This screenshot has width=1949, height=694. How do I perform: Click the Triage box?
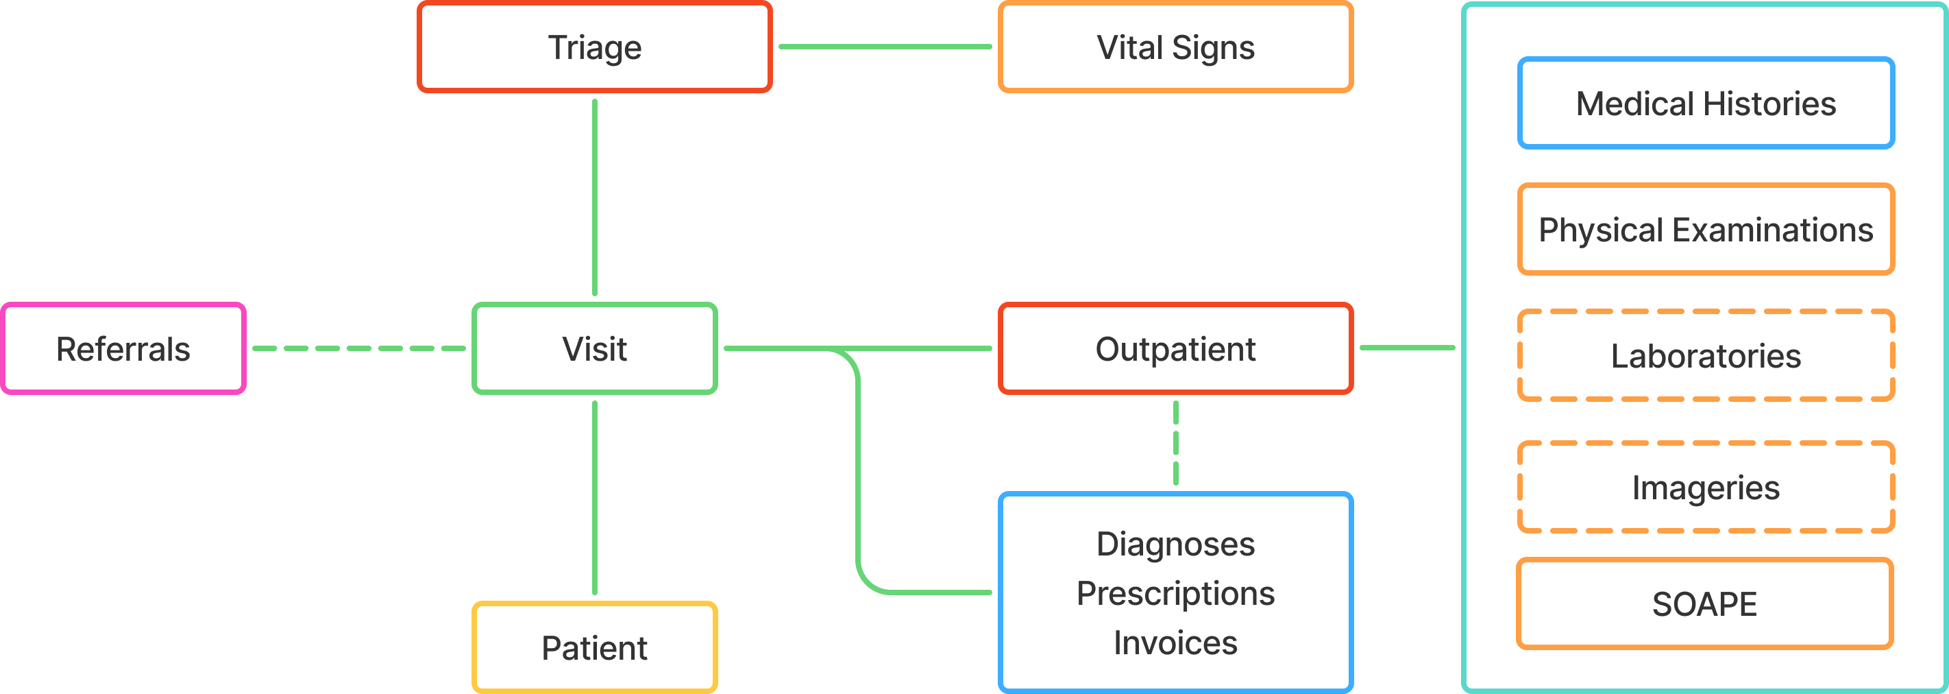click(x=595, y=47)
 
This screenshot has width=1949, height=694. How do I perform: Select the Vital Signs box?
click(x=1175, y=47)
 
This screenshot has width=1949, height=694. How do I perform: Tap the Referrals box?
click(x=123, y=349)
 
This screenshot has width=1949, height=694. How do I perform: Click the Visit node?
click(x=595, y=349)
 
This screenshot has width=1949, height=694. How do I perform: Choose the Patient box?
click(x=595, y=648)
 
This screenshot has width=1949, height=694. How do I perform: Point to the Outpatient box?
click(x=1175, y=349)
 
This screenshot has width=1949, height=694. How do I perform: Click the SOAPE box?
click(x=1704, y=604)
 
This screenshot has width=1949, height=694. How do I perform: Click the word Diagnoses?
click(x=1175, y=544)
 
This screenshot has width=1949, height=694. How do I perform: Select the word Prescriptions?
click(x=1175, y=593)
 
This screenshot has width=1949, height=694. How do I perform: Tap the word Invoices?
click(x=1175, y=643)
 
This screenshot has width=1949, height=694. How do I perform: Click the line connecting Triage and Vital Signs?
click(x=885, y=47)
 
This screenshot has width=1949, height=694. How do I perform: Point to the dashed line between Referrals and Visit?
click(x=358, y=348)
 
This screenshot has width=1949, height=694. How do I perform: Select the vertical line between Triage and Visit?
click(x=595, y=197)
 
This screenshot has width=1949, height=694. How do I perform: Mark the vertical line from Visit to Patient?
click(x=595, y=497)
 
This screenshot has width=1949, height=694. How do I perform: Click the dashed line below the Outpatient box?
click(x=1175, y=443)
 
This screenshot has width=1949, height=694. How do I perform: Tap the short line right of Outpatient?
click(x=1408, y=348)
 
